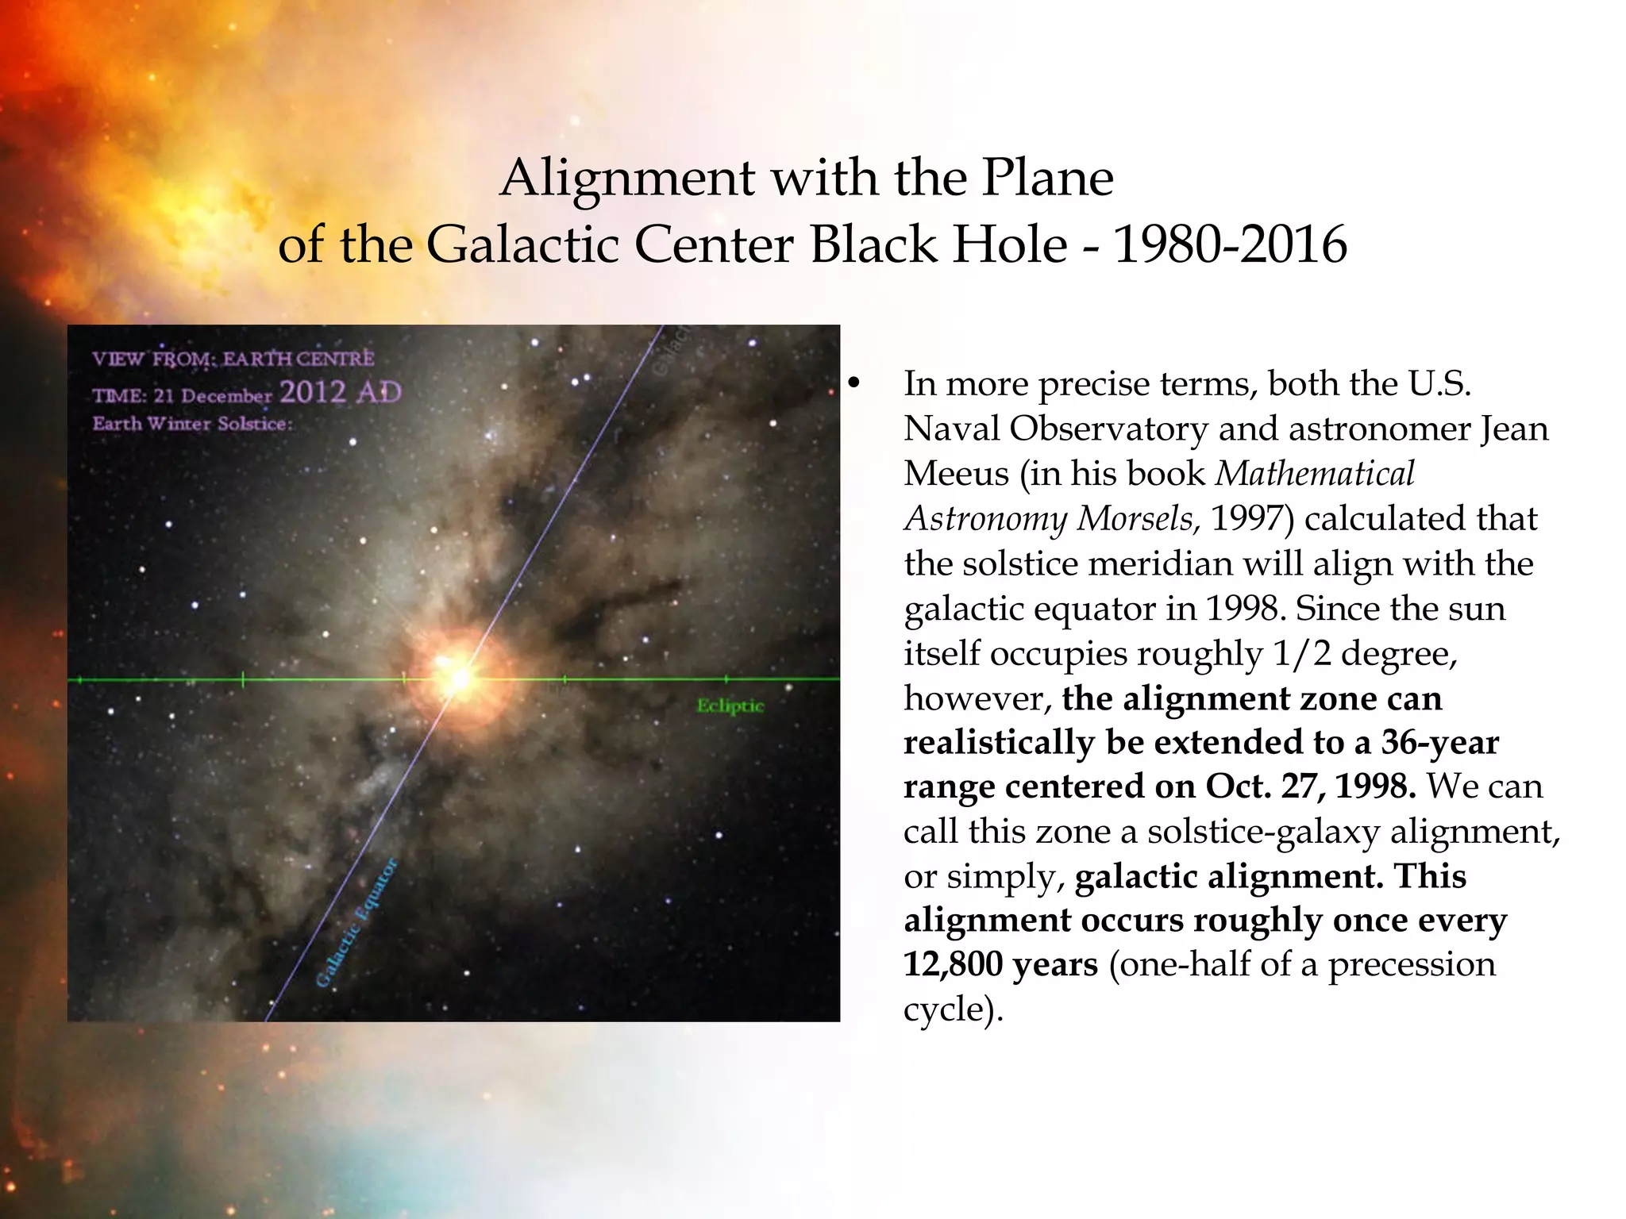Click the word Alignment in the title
coord(627,178)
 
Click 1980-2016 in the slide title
coord(1230,244)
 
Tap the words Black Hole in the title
coord(938,244)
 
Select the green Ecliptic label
coord(730,706)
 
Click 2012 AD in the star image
coord(341,392)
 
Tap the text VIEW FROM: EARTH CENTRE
coord(233,359)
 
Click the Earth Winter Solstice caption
coord(192,424)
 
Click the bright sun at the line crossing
coord(460,679)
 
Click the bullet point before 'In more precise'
coord(853,384)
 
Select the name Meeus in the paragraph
coord(956,474)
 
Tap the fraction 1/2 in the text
coord(1301,654)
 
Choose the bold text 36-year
coord(1439,743)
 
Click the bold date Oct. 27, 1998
coord(1310,786)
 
